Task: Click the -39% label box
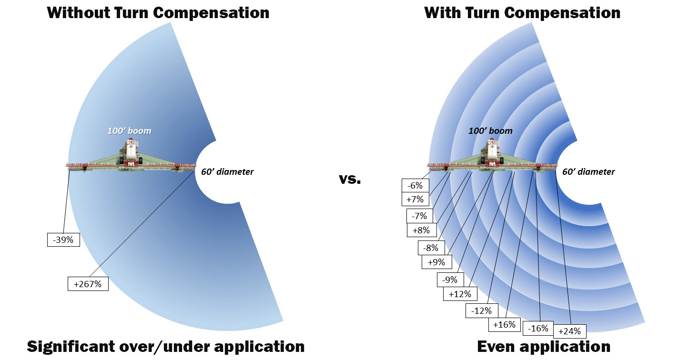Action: coord(63,240)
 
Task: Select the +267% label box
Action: coord(88,284)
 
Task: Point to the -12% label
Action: coord(482,310)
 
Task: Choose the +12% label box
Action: coord(460,294)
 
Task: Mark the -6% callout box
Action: coord(415,185)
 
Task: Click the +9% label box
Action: coord(436,261)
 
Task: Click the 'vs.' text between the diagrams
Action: coord(350,180)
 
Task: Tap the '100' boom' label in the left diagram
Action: coord(130,130)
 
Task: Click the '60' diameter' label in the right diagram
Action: coord(588,171)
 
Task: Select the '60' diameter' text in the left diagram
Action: coord(227,171)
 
